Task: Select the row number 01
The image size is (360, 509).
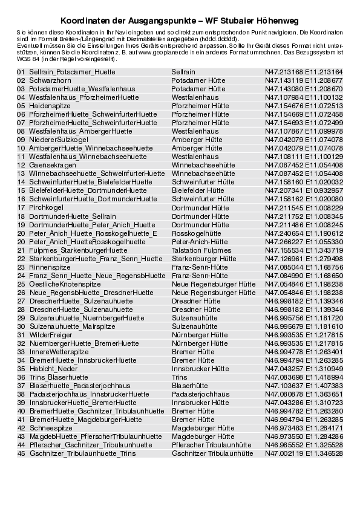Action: click(x=21, y=72)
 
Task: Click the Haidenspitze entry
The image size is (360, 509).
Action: click(x=46, y=105)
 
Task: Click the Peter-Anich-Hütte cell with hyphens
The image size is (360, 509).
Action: click(x=200, y=241)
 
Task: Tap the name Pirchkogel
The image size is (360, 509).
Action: click(x=42, y=207)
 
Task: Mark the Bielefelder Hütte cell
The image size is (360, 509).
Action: click(x=198, y=190)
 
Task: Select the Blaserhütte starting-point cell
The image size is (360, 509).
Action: click(x=190, y=385)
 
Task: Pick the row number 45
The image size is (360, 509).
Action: click(x=21, y=453)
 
